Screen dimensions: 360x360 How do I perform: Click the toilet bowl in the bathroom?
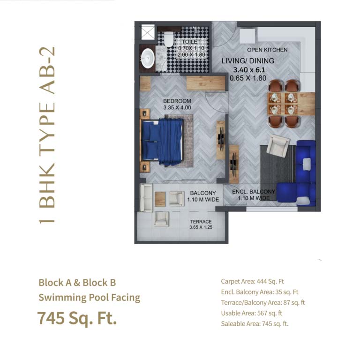tap(169, 38)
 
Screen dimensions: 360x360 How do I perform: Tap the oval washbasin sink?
tap(148, 58)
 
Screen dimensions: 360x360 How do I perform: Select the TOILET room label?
tap(191, 42)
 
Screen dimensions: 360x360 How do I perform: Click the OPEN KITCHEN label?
tap(267, 50)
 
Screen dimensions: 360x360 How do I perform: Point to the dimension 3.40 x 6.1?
tap(249, 70)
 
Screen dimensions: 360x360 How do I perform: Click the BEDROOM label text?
tap(177, 101)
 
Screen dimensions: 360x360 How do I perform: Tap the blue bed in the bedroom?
tap(162, 142)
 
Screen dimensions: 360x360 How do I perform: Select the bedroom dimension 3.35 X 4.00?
tap(177, 107)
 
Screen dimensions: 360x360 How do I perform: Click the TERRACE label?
tap(201, 222)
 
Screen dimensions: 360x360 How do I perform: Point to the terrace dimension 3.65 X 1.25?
tap(201, 227)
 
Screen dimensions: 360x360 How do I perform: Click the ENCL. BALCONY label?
tap(254, 192)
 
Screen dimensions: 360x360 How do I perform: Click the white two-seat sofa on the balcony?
tap(146, 197)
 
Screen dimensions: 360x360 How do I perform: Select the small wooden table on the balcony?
tap(160, 199)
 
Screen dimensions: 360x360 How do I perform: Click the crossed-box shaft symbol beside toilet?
tap(148, 32)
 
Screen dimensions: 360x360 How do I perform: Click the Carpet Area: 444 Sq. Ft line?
tap(252, 281)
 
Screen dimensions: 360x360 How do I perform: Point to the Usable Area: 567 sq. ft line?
tap(251, 313)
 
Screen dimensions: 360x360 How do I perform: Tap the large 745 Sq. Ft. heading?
tap(77, 319)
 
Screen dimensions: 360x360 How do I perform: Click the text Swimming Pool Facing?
tap(90, 297)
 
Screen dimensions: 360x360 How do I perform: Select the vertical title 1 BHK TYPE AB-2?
tap(47, 135)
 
